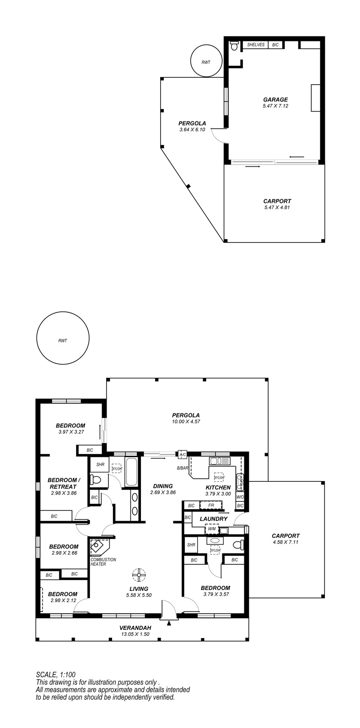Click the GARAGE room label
275,100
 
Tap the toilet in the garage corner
234,46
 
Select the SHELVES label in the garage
256,45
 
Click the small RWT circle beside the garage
206,61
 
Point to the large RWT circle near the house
63,338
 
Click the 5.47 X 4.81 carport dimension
277,207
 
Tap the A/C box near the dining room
182,455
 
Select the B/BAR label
183,468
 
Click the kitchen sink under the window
220,461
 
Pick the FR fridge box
211,505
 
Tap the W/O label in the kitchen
240,497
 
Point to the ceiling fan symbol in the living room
139,575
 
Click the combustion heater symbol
99,546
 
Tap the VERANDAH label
135,628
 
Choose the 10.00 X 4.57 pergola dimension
186,422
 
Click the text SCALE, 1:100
55,675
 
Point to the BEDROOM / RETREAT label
64,483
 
